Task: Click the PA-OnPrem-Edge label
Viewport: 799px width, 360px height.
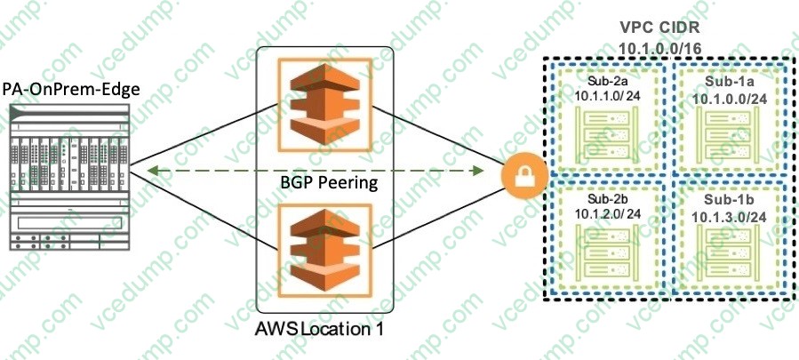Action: click(x=71, y=88)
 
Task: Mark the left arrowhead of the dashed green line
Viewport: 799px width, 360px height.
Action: click(x=152, y=170)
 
